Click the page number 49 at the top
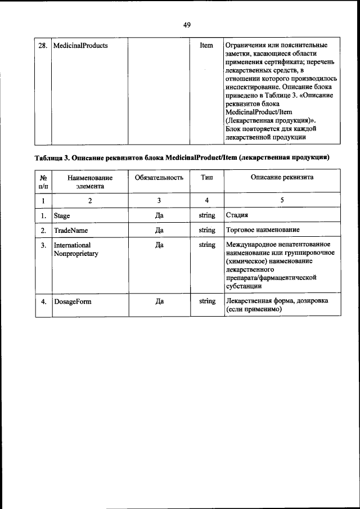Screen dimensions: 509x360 click(187, 25)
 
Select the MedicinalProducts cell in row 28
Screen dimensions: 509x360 click(80, 46)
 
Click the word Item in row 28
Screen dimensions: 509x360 click(206, 46)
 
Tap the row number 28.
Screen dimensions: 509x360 click(42, 46)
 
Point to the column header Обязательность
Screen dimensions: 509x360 click(159, 178)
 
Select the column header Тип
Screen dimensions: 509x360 click(206, 178)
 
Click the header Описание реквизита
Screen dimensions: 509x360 click(282, 178)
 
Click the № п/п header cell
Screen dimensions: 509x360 click(43, 182)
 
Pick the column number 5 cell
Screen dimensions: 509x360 click(282, 200)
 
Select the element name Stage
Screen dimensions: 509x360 click(62, 215)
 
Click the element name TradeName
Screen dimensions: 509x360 click(70, 231)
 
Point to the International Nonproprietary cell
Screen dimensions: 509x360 click(76, 250)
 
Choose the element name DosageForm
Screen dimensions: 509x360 click(73, 301)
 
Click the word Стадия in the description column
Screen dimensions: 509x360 click(237, 215)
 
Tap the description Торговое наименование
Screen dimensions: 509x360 click(262, 231)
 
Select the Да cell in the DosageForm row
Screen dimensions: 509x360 click(159, 301)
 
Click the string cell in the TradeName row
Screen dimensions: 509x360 click(206, 231)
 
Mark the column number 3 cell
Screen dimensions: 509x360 click(159, 200)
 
